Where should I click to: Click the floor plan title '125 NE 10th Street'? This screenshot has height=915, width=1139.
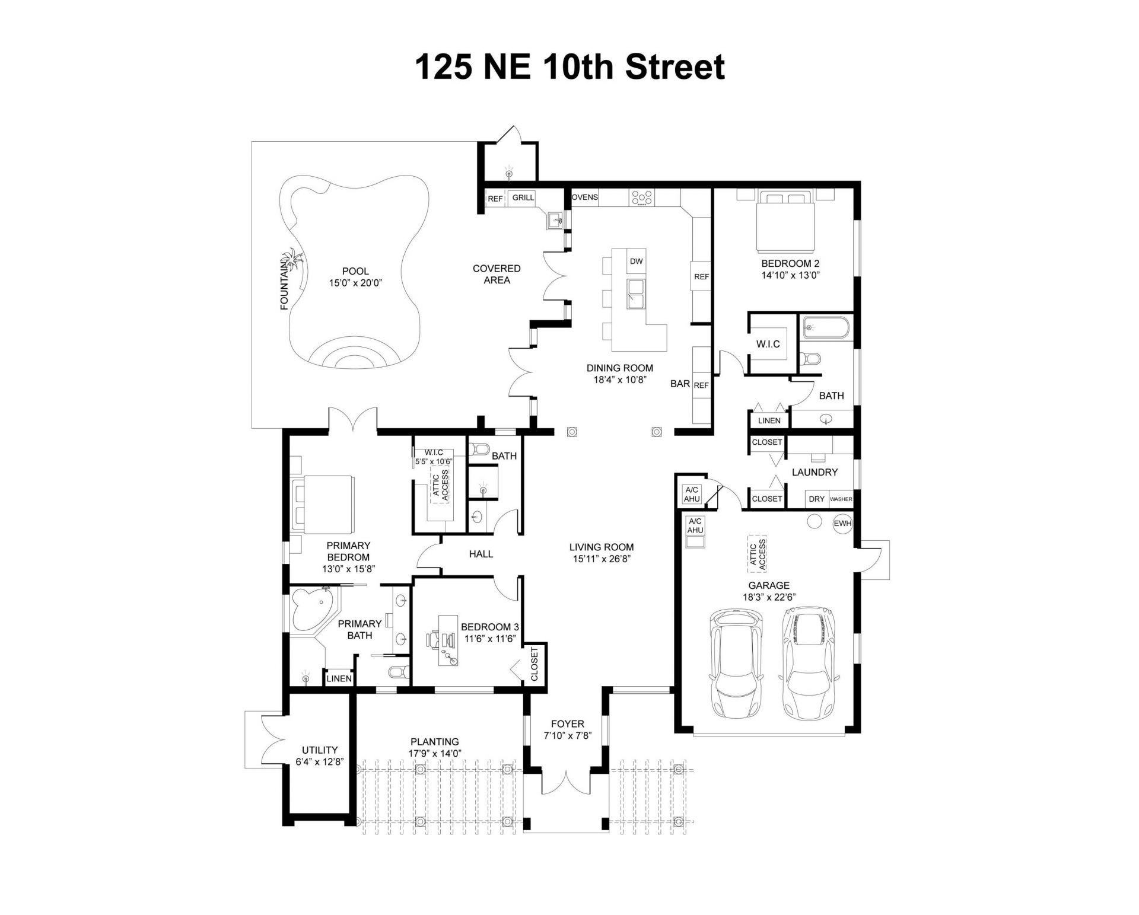coord(569,67)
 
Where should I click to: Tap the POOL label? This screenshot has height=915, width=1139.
coord(355,272)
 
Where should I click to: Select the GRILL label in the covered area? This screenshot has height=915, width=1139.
coord(523,197)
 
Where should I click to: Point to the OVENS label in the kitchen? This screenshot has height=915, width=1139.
coord(585,197)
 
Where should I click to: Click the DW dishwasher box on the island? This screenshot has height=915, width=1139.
coord(636,261)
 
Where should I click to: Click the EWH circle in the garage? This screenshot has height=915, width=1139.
coord(842,524)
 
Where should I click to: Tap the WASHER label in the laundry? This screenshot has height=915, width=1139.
coord(841,499)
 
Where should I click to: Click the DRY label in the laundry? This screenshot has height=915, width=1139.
coord(816,499)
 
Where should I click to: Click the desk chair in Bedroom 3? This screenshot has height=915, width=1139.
coord(434,639)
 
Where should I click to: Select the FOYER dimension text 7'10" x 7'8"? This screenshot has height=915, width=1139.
coord(567,736)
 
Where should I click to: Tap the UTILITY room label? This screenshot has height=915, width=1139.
coord(319,750)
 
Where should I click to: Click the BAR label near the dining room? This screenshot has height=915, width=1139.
coord(680,384)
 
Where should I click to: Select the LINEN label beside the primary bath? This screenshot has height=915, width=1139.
coord(339,679)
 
